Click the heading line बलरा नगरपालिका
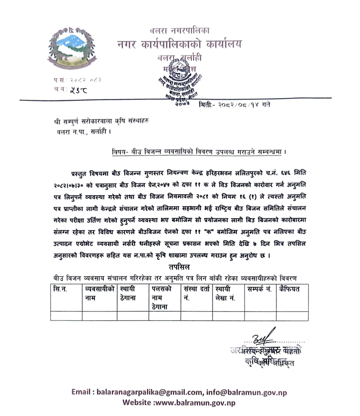coord(180,31)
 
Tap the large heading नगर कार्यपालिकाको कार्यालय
coord(179,45)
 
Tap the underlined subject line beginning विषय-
coord(203,151)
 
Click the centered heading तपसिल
coord(180,267)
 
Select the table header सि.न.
coord(60,289)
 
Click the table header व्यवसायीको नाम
coord(99,294)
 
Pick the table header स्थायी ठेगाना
coord(130,294)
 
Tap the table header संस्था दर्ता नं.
coord(196,294)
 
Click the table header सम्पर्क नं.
coord(259,289)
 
